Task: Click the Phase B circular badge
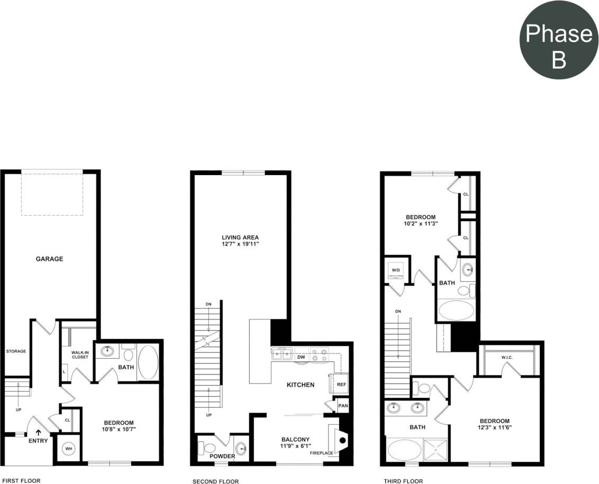(x=558, y=40)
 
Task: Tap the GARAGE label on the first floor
(x=49, y=259)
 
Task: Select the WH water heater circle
(x=68, y=449)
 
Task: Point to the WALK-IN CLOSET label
(x=79, y=354)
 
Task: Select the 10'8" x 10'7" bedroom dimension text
(x=119, y=430)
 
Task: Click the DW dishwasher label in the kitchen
(x=301, y=357)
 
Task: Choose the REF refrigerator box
(x=341, y=385)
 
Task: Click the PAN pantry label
(x=343, y=406)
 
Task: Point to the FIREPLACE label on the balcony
(x=321, y=453)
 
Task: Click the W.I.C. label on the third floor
(x=506, y=357)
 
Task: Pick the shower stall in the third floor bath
(x=436, y=450)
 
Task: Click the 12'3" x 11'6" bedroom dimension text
(x=495, y=427)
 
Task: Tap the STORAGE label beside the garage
(x=16, y=351)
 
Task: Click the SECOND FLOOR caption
(x=216, y=481)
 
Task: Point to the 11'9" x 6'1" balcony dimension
(x=295, y=446)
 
